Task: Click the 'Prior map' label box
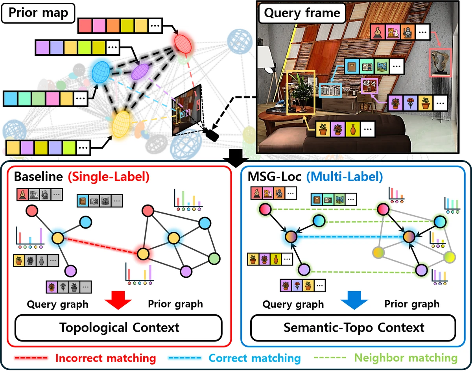point(38,13)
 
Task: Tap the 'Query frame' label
point(302,13)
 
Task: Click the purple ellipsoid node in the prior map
point(140,72)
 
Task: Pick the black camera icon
point(212,135)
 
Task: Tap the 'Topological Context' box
point(119,328)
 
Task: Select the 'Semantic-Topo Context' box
point(353,328)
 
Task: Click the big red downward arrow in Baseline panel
point(118,300)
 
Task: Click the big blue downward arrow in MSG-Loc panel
point(354,300)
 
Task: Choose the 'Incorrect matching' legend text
point(105,358)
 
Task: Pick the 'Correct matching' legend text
point(254,358)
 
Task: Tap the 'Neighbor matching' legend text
point(406,358)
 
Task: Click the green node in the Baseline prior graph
point(214,258)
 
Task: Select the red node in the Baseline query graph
point(32,211)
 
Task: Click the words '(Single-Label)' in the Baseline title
point(109,177)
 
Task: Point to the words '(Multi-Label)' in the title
point(345,177)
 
